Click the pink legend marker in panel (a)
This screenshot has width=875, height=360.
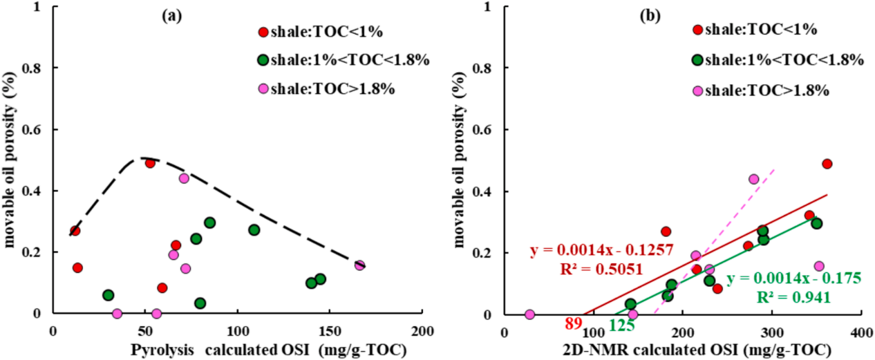click(263, 89)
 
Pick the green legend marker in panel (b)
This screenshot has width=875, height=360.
click(698, 60)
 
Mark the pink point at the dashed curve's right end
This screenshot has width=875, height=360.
click(359, 265)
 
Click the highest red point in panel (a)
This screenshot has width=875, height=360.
click(150, 163)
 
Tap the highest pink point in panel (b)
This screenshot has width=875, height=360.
click(753, 179)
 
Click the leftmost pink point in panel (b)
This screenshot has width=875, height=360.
click(529, 314)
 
